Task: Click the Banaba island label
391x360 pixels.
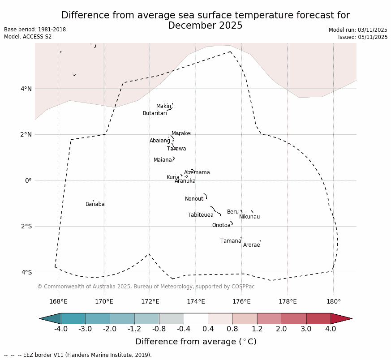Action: click(95, 205)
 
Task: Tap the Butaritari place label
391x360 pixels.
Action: click(155, 114)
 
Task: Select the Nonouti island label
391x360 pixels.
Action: click(195, 199)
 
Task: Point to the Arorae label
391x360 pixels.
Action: click(252, 245)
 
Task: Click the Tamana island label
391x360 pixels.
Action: click(231, 241)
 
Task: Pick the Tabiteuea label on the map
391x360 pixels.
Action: click(201, 215)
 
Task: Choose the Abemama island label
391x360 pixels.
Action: click(197, 173)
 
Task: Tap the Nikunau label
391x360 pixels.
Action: click(249, 217)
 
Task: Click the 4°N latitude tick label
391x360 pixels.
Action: click(26, 89)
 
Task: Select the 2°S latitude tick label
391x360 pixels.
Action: click(26, 227)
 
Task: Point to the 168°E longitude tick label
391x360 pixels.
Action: click(58, 302)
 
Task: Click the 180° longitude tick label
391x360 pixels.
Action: click(333, 302)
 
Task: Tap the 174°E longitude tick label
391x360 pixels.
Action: click(196, 302)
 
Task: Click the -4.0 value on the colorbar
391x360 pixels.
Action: click(61, 330)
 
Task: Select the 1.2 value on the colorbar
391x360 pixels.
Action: click(257, 330)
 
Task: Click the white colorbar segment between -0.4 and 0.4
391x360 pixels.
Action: click(196, 318)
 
